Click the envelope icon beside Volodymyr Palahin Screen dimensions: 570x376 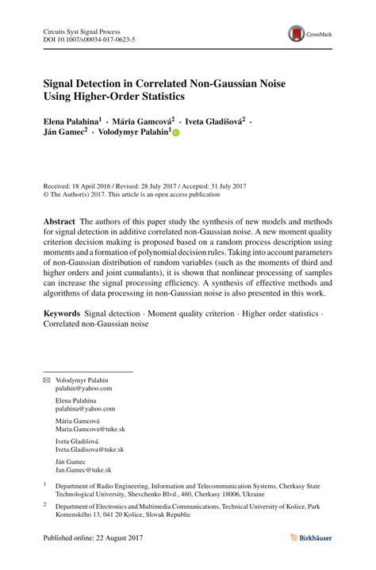point(46,380)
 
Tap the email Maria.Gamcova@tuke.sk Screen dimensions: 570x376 point(90,428)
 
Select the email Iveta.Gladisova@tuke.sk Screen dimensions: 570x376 point(89,449)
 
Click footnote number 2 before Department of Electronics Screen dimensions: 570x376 point(45,503)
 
